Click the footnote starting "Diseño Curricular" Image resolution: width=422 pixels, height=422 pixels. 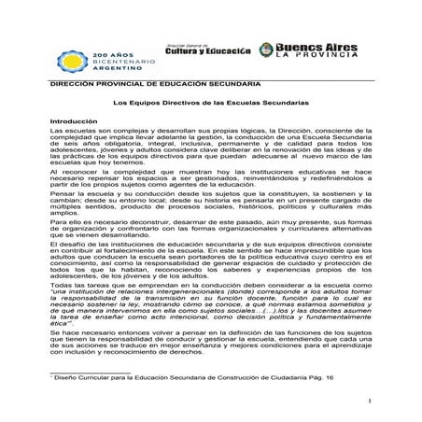pyautogui.click(x=93, y=397)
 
